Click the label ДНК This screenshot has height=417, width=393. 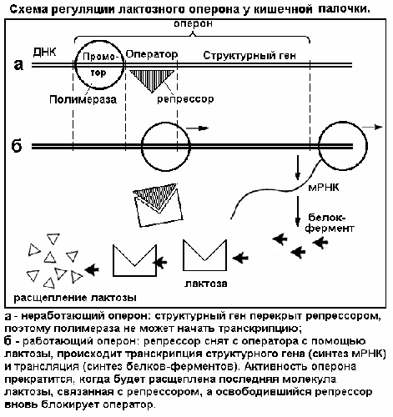point(44,52)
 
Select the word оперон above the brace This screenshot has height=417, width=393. point(193,23)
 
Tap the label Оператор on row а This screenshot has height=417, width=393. point(152,54)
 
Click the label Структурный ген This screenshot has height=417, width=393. point(249,56)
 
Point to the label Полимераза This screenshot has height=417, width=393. point(83,99)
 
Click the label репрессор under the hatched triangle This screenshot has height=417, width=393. point(185,99)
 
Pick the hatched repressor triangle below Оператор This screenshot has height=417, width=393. point(152,81)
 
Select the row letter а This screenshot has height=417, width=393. point(18,65)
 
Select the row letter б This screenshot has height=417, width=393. point(17,145)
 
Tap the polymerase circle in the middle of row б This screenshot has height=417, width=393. point(142,146)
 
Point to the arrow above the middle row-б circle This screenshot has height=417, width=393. point(197,128)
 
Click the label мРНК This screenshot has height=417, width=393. point(324,188)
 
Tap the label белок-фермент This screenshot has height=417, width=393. point(330,223)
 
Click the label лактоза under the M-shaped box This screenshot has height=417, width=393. point(206,284)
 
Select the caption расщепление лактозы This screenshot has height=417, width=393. point(75,298)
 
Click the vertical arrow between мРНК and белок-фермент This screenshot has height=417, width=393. point(298,211)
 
